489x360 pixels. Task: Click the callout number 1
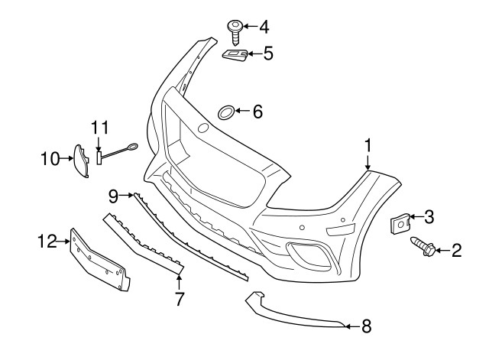coord(368,145)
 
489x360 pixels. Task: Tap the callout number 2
coord(457,250)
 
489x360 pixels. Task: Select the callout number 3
coord(429,217)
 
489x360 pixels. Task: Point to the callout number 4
coord(264,28)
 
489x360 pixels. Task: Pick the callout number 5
coord(268,54)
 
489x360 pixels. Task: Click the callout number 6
coord(257,112)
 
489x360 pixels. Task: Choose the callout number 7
coord(180,300)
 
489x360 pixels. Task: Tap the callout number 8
coord(366,326)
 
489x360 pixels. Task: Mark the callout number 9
coord(114,196)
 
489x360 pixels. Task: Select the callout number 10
coord(50,159)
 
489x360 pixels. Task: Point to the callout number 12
coord(46,242)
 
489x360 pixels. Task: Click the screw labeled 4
coord(235,32)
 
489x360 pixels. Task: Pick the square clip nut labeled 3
coord(399,224)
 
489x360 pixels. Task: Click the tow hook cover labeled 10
coord(79,160)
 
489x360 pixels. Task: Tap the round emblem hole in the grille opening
coord(203,128)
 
